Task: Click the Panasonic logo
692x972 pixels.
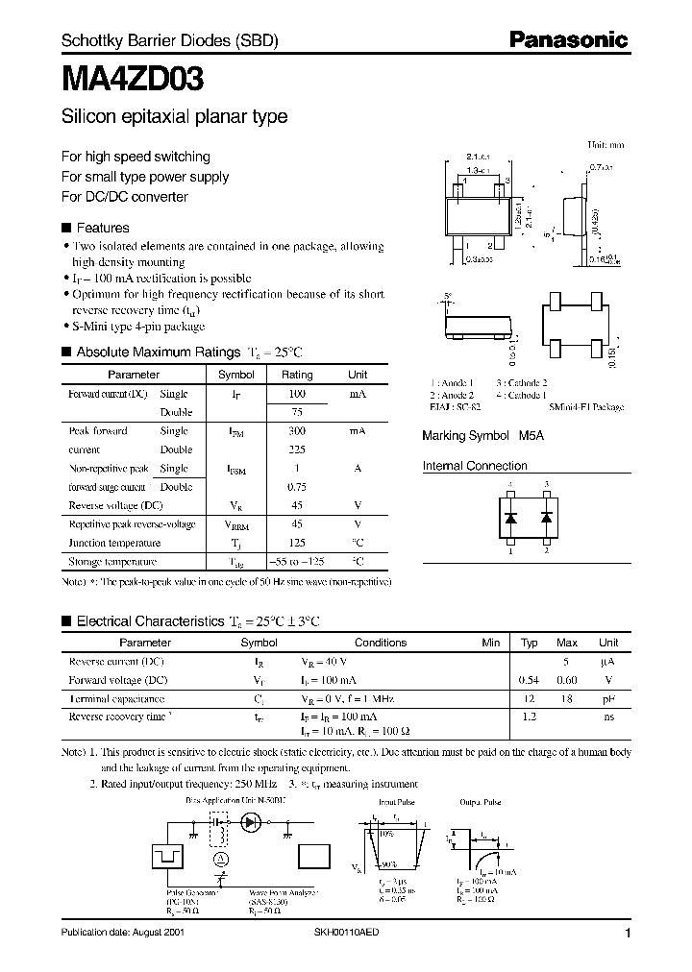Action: [x=568, y=40]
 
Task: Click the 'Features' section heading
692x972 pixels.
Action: [x=102, y=229]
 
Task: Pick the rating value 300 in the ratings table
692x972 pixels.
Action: [x=297, y=431]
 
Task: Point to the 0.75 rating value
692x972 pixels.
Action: [x=297, y=487]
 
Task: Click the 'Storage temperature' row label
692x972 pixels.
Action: [x=111, y=562]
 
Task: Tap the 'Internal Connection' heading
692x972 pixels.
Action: [x=475, y=466]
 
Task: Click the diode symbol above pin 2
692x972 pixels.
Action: [x=547, y=517]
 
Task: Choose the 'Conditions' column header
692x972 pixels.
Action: [x=381, y=643]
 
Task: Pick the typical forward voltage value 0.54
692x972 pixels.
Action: [x=530, y=680]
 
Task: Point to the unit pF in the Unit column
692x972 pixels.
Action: [x=608, y=698]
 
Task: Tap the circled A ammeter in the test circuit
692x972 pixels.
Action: [x=220, y=858]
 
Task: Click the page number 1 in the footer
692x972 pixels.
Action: [x=628, y=934]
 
